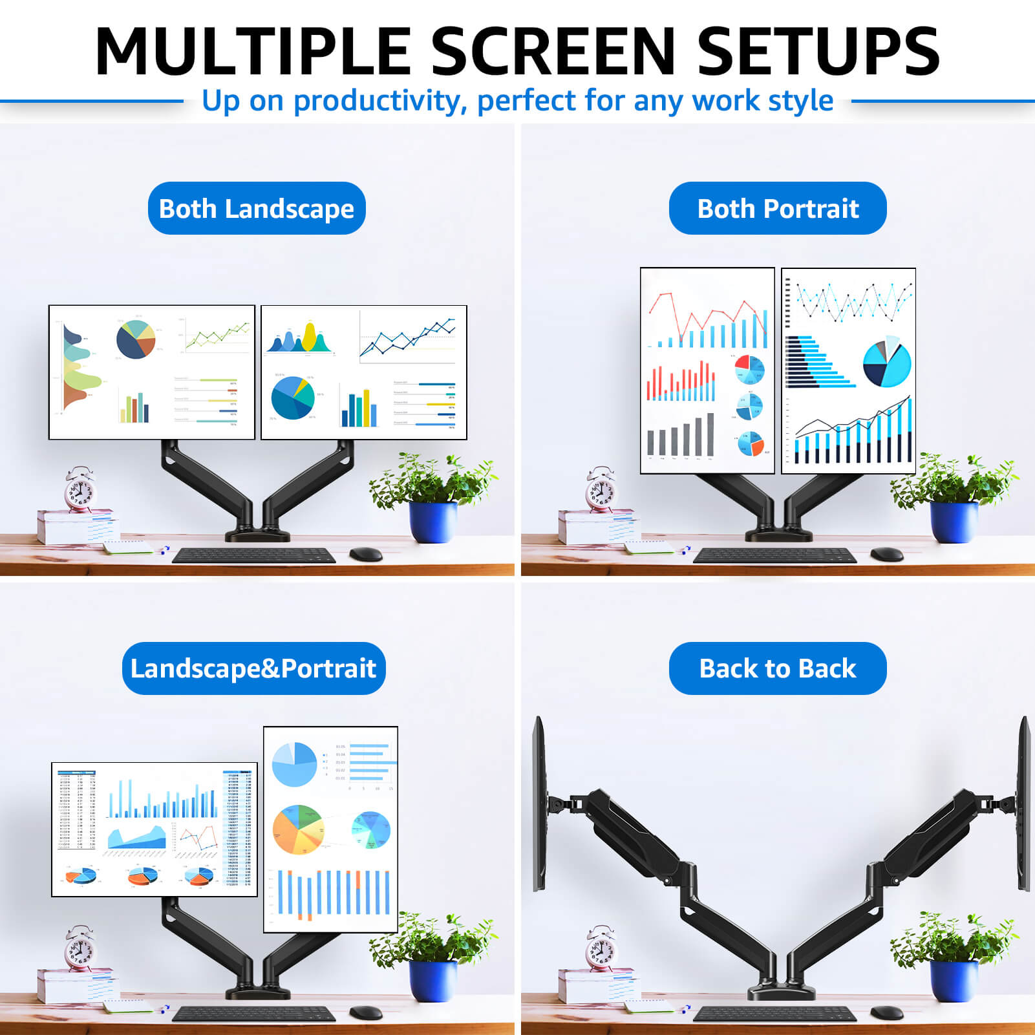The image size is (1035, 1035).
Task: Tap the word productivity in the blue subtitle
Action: (380, 101)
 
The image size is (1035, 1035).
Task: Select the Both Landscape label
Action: (257, 208)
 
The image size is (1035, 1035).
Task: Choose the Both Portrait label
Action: (778, 208)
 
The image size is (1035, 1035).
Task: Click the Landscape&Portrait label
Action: (253, 668)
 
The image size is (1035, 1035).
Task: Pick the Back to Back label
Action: (778, 668)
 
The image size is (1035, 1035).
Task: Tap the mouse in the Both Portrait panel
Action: (886, 554)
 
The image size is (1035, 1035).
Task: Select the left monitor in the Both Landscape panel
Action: (152, 372)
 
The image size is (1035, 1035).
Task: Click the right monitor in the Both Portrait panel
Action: (848, 371)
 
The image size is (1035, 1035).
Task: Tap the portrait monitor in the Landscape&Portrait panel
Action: (330, 829)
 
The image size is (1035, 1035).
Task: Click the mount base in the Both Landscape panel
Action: (257, 535)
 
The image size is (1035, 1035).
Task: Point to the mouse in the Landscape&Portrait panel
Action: (366, 1012)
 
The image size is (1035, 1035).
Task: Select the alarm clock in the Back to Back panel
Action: (601, 950)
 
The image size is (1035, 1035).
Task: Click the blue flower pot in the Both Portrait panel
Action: (954, 521)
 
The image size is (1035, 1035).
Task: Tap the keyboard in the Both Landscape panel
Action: (254, 555)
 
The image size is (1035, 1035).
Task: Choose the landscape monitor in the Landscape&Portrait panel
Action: (155, 829)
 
